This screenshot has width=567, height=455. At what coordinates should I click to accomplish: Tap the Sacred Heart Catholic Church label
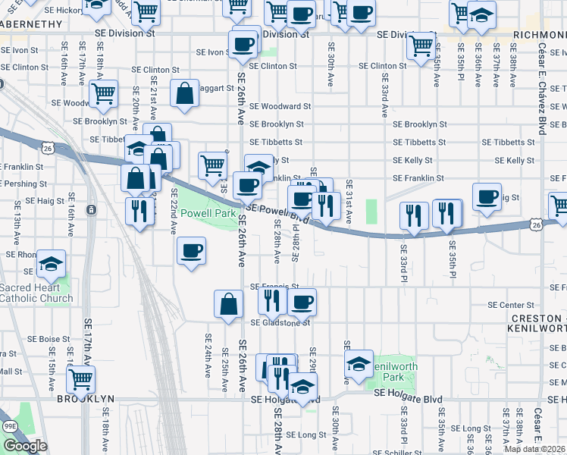tap(36, 293)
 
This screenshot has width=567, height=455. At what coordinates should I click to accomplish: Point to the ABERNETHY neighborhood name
tap(30, 24)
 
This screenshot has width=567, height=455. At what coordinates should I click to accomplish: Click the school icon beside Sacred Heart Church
tap(52, 263)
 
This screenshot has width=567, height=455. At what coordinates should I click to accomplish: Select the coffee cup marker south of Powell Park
tap(191, 250)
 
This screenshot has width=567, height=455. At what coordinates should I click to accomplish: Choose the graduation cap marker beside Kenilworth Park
tap(359, 364)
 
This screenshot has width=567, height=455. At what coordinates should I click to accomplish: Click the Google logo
tap(25, 446)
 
